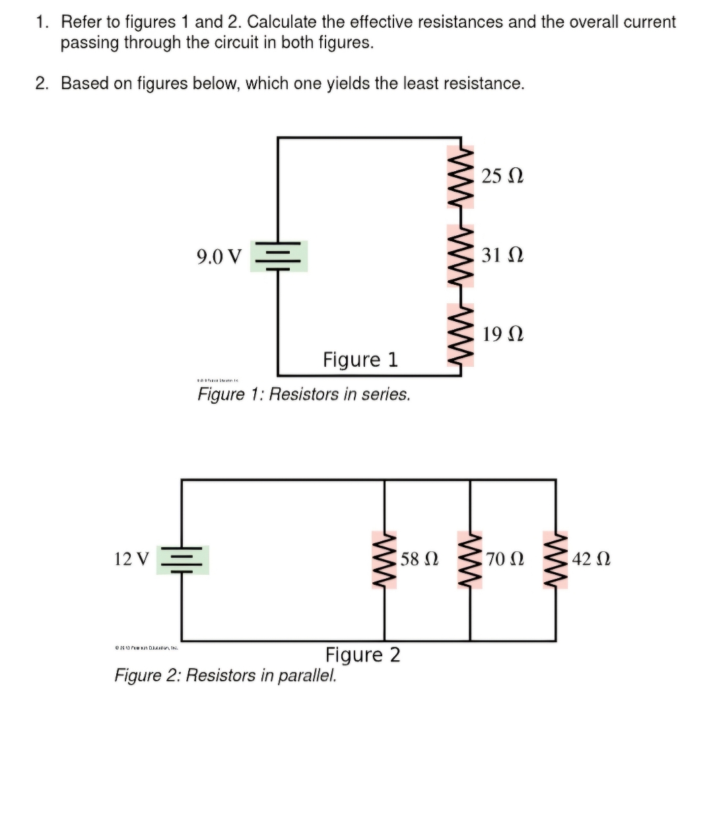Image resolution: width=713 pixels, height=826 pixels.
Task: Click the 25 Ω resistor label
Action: click(502, 176)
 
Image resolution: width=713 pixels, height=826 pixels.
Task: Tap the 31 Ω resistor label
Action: click(502, 254)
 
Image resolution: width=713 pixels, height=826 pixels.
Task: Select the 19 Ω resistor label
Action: click(502, 334)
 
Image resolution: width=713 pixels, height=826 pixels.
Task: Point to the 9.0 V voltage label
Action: click(219, 256)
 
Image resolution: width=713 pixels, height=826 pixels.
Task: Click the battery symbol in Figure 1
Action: click(279, 256)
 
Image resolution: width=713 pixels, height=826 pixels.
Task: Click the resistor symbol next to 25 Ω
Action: click(461, 177)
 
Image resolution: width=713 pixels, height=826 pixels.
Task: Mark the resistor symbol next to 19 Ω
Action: click(461, 334)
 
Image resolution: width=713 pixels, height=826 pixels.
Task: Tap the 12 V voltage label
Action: click(131, 559)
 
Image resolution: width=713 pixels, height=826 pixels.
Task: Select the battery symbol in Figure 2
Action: click(183, 560)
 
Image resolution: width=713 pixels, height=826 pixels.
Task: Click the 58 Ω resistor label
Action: click(419, 559)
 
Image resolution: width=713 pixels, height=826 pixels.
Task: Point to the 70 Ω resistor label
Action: click(505, 559)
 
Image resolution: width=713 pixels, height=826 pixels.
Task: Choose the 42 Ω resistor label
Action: click(591, 559)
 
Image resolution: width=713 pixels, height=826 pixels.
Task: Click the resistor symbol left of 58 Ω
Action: click(385, 560)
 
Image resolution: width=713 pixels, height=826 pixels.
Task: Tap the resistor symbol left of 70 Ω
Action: click(470, 560)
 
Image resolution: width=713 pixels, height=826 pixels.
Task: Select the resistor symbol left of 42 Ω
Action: click(555, 560)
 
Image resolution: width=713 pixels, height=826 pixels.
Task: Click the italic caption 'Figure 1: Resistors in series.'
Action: click(304, 394)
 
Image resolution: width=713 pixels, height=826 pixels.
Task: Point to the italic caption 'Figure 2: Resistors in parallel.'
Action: click(225, 675)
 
